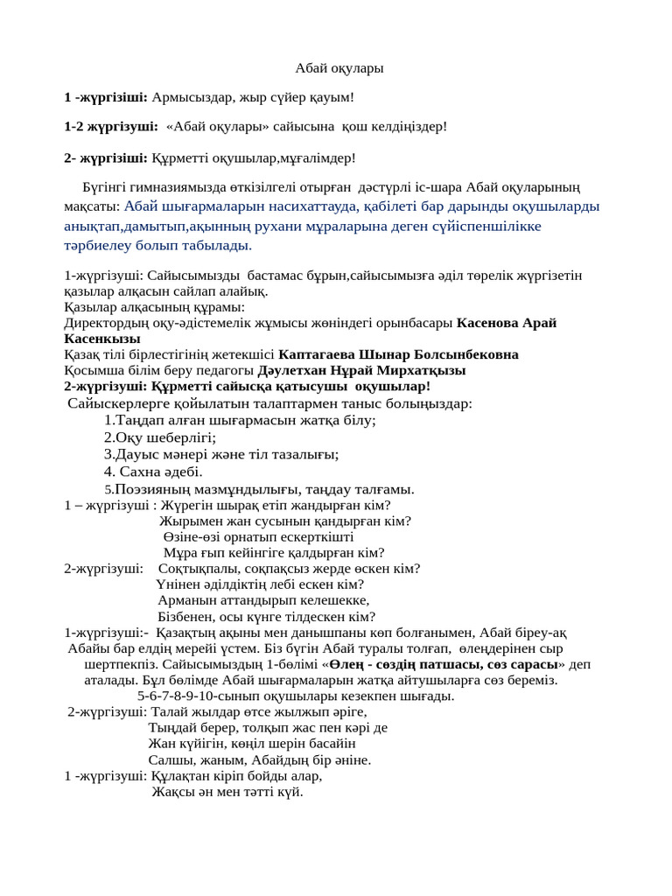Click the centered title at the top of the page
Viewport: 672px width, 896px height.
click(339, 67)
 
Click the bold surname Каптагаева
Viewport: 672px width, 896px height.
click(317, 354)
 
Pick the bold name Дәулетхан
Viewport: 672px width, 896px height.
click(291, 370)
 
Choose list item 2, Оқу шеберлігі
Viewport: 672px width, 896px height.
click(160, 437)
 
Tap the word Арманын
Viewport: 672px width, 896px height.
click(185, 599)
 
